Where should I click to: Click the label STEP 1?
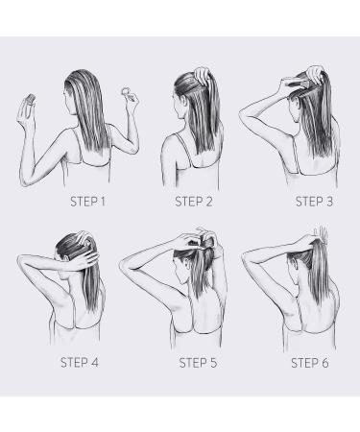coord(87,202)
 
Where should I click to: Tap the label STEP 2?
coord(194,202)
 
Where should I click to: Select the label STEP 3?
coord(314,202)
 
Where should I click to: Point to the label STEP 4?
coord(80,363)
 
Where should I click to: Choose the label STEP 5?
coord(198,363)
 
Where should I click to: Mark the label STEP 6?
coord(310,363)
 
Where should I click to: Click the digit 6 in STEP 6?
coord(325,363)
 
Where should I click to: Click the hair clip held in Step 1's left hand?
coord(31,99)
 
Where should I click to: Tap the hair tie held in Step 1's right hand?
coord(126,92)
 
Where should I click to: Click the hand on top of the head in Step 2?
coord(203,75)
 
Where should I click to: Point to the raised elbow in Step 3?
coord(244,114)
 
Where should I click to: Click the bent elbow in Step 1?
coord(25,180)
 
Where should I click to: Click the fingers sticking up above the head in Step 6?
coord(322,233)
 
